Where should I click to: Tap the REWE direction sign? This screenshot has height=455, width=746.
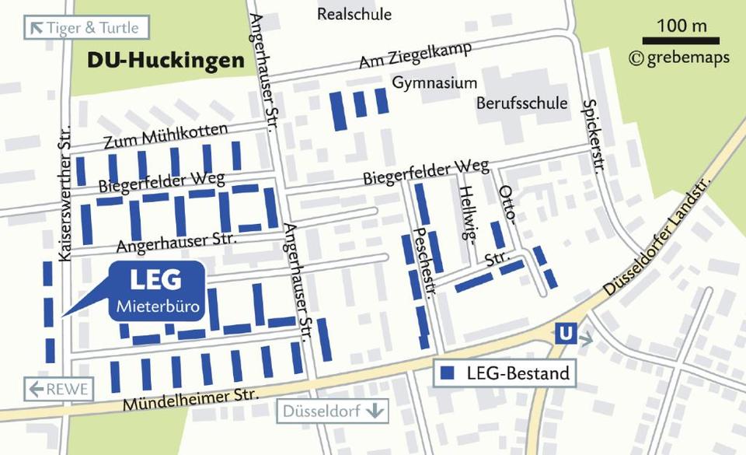coord(59,389)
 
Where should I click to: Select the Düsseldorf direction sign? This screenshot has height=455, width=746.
coord(332,411)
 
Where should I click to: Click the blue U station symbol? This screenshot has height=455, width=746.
coord(566,334)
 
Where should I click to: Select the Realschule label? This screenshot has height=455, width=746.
coord(354,14)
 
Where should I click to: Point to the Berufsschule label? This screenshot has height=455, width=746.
coord(522,103)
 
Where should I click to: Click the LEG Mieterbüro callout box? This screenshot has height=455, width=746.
coord(156,291)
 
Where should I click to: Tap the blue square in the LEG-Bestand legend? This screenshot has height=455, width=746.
coord(447,373)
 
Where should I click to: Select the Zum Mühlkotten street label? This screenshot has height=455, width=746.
coord(166,137)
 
